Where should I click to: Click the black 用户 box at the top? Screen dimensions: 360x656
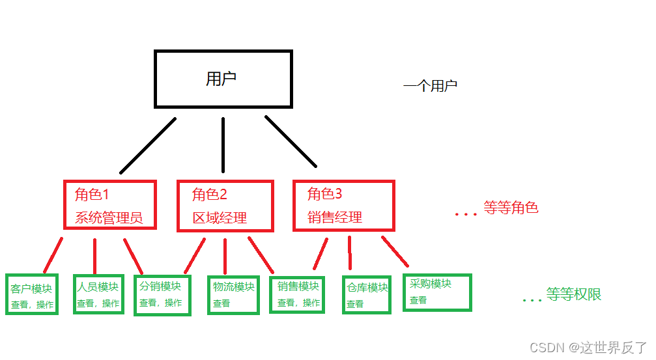[x=223, y=79]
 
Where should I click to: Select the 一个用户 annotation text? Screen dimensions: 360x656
[x=430, y=86]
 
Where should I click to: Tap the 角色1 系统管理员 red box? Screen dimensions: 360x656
[x=110, y=205]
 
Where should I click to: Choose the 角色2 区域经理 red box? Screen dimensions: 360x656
[x=225, y=205]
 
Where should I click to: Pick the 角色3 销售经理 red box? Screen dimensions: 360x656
[x=343, y=205]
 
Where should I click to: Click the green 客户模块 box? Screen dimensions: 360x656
[x=32, y=295]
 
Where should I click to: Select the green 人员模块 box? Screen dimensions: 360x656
[x=98, y=294]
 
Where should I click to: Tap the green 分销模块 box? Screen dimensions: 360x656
[x=162, y=295]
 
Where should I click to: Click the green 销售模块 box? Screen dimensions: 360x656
[x=297, y=294]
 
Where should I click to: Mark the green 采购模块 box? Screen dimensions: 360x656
[x=436, y=292]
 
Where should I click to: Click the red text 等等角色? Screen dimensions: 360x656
[x=511, y=208]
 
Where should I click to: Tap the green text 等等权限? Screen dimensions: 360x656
[x=573, y=295]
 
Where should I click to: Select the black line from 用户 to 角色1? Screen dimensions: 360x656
[x=148, y=146]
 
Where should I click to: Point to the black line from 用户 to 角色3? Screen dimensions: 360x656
[x=291, y=141]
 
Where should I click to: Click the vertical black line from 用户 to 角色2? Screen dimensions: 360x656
[x=223, y=146]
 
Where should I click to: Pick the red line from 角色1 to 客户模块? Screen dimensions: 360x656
[x=53, y=255]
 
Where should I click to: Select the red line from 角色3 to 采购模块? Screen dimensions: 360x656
[x=395, y=251]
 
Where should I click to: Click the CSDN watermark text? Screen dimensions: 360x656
[x=588, y=347]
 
